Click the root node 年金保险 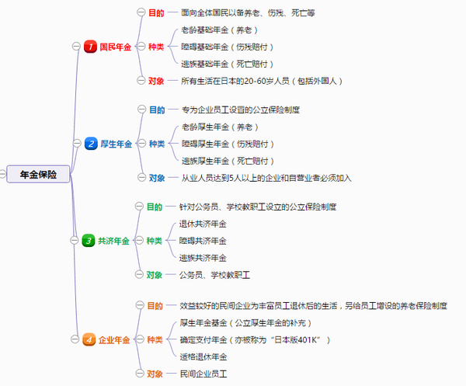[x=38, y=175]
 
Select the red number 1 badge [x=90, y=47]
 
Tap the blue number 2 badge [x=90, y=144]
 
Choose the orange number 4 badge [x=90, y=339]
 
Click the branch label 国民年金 [x=116, y=47]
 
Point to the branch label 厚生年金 [x=116, y=144]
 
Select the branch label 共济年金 [x=114, y=241]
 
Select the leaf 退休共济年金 [x=203, y=224]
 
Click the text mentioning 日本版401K [x=256, y=340]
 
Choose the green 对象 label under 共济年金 [x=155, y=274]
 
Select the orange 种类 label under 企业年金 [x=155, y=340]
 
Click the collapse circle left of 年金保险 [x=3, y=175]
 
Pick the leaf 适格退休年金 [x=203, y=356]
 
